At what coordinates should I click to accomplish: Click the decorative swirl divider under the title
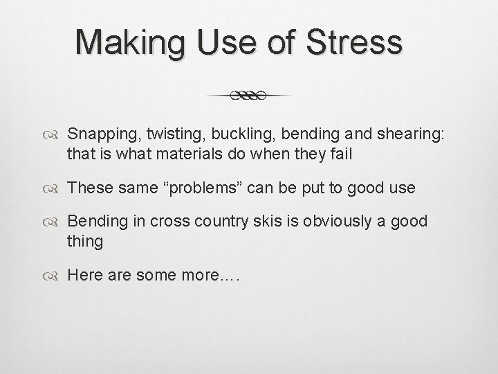point(249,95)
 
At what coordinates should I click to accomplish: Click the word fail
point(342,154)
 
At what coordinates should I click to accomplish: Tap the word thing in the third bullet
point(85,242)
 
